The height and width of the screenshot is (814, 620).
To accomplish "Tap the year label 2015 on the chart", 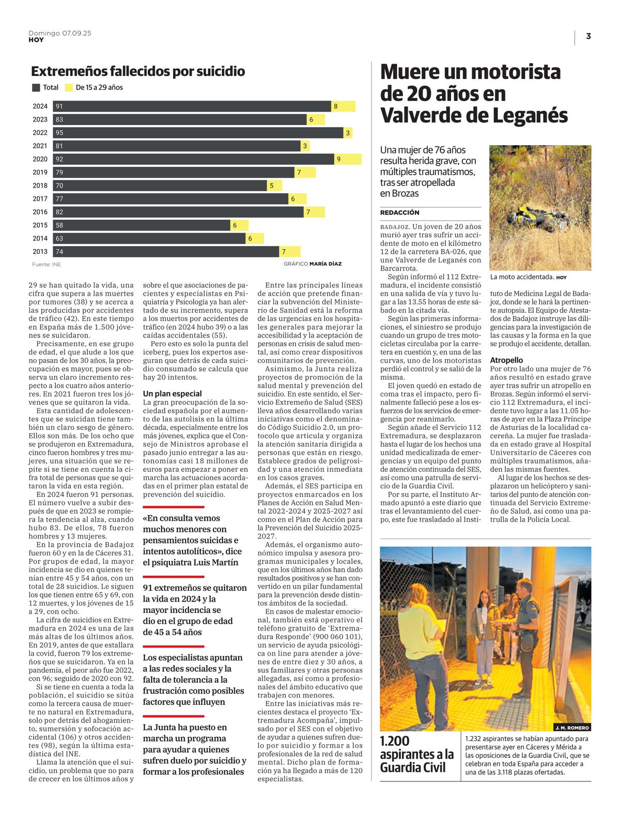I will click(40, 225).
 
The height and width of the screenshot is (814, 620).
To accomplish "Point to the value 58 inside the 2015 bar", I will click(59, 225).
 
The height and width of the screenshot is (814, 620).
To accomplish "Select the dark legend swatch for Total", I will click(36, 88).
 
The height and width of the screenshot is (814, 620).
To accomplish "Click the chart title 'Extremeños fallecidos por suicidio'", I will click(138, 71).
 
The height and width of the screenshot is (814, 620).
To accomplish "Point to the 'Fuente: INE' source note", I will click(47, 264).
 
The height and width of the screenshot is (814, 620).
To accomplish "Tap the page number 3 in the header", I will click(588, 36).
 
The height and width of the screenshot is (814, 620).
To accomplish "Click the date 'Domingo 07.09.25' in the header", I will click(60, 33).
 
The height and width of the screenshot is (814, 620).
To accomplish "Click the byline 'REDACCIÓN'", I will click(400, 212).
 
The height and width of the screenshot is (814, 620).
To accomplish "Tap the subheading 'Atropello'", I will click(506, 360).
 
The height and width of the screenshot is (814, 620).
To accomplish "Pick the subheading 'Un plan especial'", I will click(173, 393).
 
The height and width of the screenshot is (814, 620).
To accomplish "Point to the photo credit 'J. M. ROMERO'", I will click(572, 727).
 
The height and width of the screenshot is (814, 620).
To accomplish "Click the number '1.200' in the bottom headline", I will click(395, 741).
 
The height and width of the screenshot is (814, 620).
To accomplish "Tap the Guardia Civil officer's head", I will click(524, 587).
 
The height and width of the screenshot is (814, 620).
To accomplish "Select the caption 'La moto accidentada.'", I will click(522, 277).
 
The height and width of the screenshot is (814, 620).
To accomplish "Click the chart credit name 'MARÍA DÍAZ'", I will click(326, 264).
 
